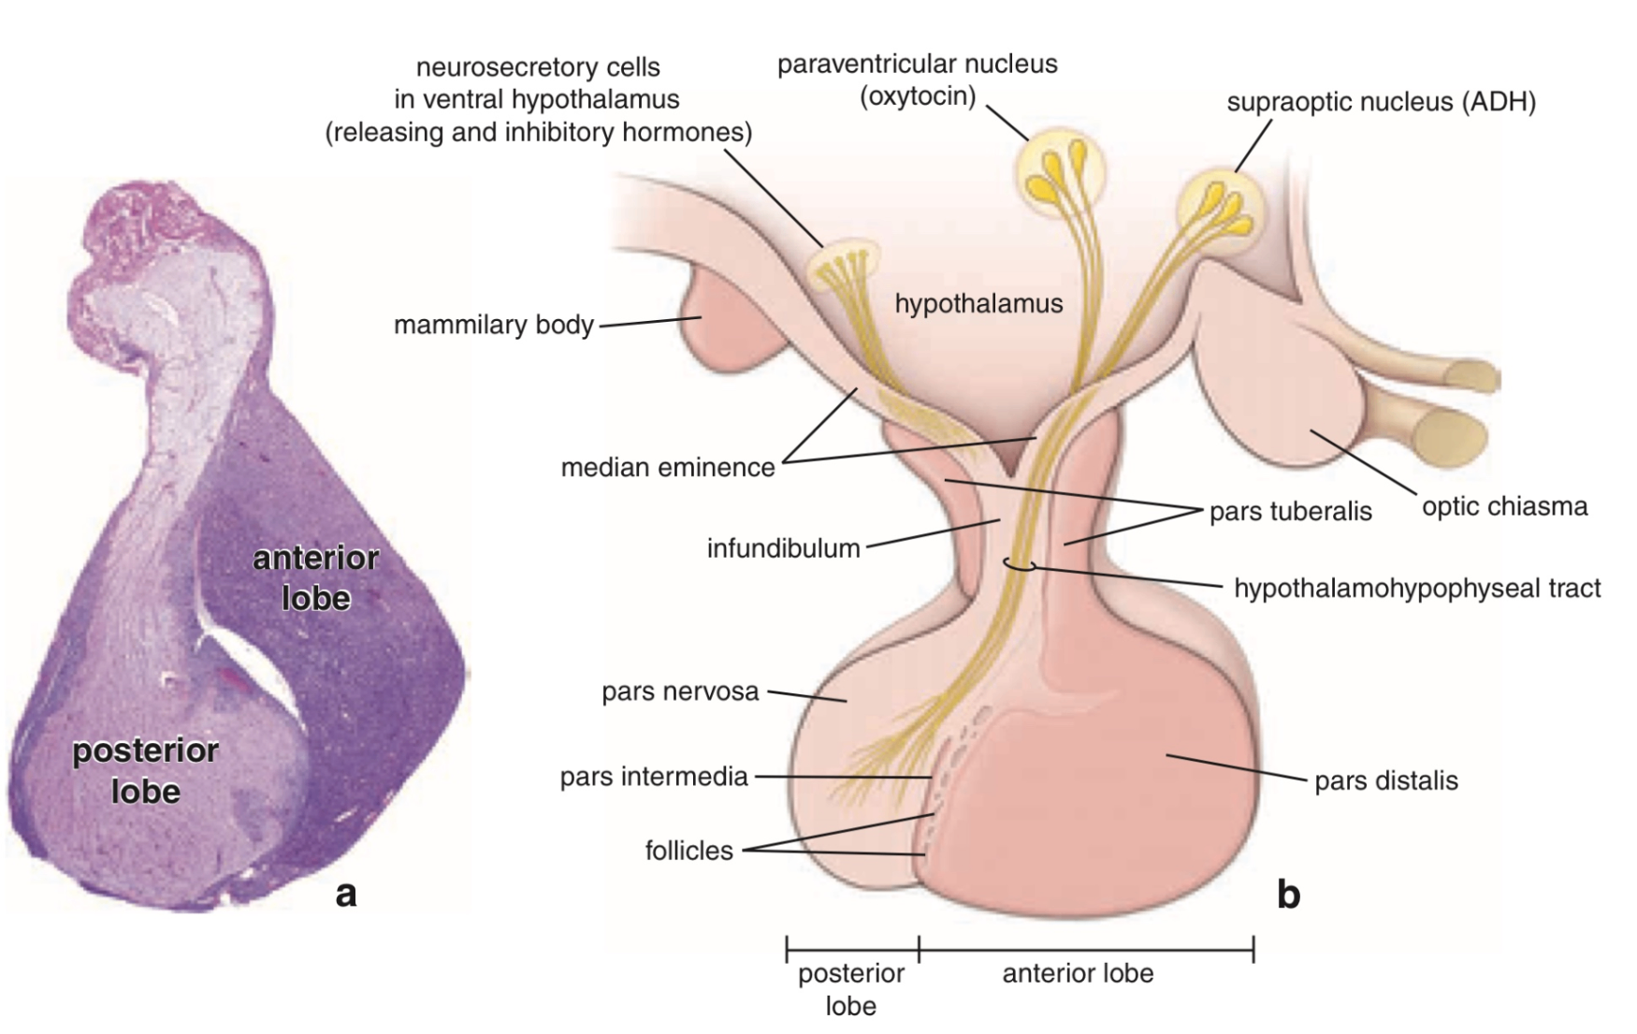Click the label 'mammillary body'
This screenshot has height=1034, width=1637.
(x=493, y=325)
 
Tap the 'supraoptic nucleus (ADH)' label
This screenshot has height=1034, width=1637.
(x=1381, y=102)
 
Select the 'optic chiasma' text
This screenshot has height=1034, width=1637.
(x=1504, y=506)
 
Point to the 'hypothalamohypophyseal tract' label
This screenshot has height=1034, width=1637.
(x=1416, y=588)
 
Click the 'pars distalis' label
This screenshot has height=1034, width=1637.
(x=1385, y=780)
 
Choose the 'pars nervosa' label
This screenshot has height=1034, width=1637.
(x=680, y=692)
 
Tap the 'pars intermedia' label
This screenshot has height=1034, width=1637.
(x=654, y=777)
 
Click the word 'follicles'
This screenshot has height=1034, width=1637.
(x=688, y=851)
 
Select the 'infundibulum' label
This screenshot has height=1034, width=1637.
(x=783, y=548)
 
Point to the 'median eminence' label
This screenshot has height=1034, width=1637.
(x=668, y=467)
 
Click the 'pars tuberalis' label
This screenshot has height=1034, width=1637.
(x=1290, y=511)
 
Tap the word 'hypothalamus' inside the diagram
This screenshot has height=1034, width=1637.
(x=978, y=303)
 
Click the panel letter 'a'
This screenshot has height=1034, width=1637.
(x=346, y=894)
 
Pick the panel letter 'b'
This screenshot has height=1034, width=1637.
(x=1288, y=896)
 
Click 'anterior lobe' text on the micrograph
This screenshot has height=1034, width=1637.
(x=316, y=577)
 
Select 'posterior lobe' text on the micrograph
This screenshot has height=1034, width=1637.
(x=145, y=770)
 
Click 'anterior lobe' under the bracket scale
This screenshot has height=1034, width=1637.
(x=1078, y=973)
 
